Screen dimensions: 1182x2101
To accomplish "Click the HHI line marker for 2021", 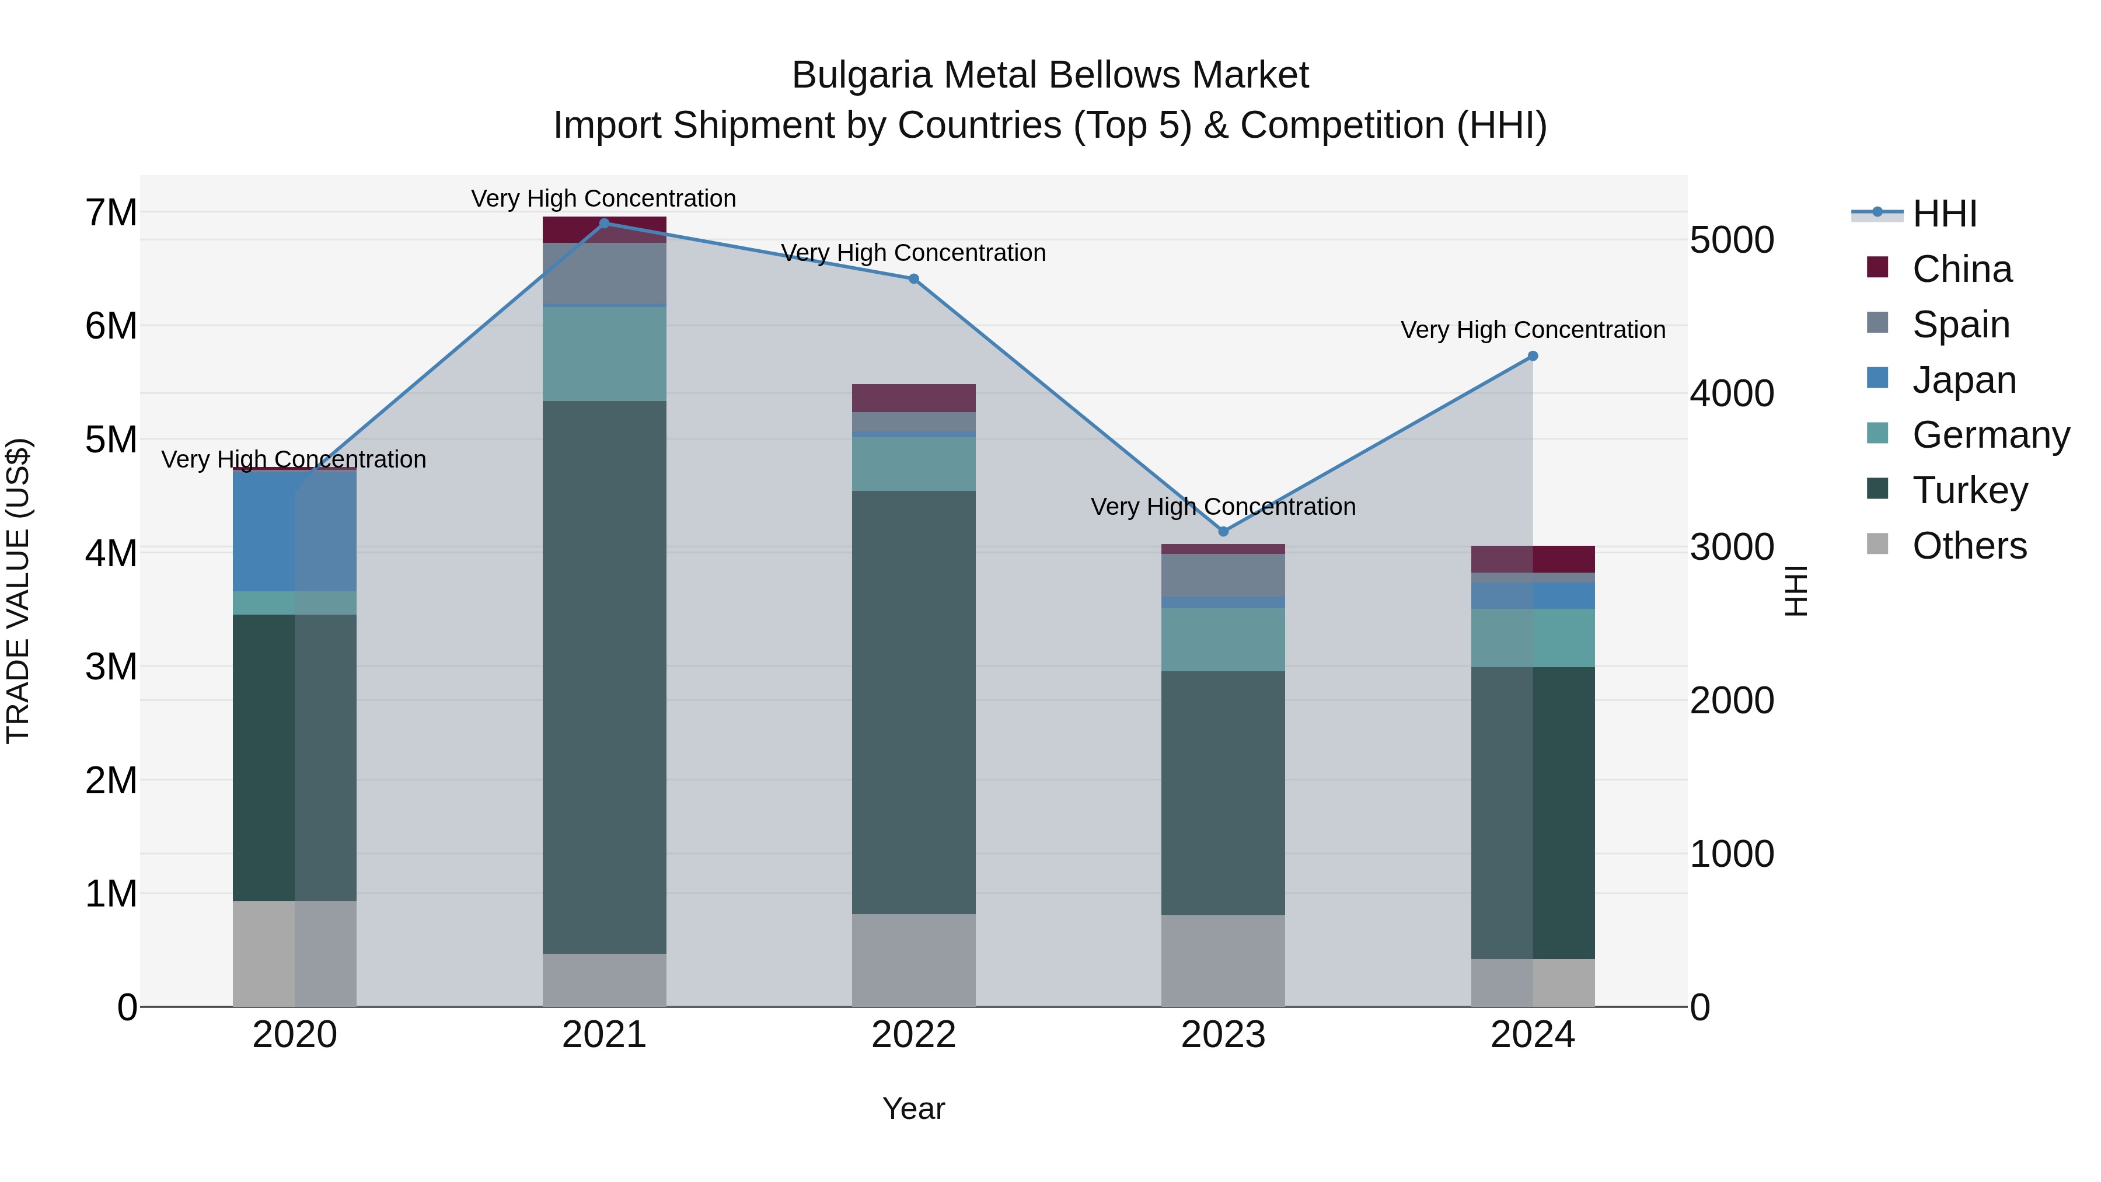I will pos(605,223).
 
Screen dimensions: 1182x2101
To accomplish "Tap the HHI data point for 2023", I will pos(1223,532).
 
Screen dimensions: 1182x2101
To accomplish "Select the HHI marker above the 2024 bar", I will pos(1533,357).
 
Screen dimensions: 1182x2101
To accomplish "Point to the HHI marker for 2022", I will pos(913,279).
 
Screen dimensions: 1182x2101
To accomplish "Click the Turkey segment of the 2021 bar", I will pos(605,677).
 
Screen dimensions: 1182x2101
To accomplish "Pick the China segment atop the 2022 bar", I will pos(913,398).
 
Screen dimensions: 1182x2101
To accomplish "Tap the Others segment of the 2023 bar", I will pos(1223,960).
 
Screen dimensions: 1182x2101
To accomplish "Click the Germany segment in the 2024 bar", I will pos(1533,638).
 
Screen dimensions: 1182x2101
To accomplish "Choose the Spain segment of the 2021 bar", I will pos(605,273).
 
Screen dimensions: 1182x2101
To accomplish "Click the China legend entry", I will pos(1962,269).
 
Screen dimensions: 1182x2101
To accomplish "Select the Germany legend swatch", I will pos(1877,433).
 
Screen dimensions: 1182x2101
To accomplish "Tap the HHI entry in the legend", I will pos(1945,214).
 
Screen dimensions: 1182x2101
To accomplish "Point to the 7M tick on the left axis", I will pos(111,213).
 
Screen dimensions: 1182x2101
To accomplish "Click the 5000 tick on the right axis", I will pos(1732,240).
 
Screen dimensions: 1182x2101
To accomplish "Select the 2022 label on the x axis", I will pos(913,1035).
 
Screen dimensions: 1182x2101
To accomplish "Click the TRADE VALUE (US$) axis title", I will pos(18,591).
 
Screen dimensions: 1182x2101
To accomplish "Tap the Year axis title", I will pos(913,1108).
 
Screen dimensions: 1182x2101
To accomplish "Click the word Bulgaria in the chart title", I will pos(861,75).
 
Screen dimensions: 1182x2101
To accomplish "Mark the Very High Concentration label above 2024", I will pos(1533,330).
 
